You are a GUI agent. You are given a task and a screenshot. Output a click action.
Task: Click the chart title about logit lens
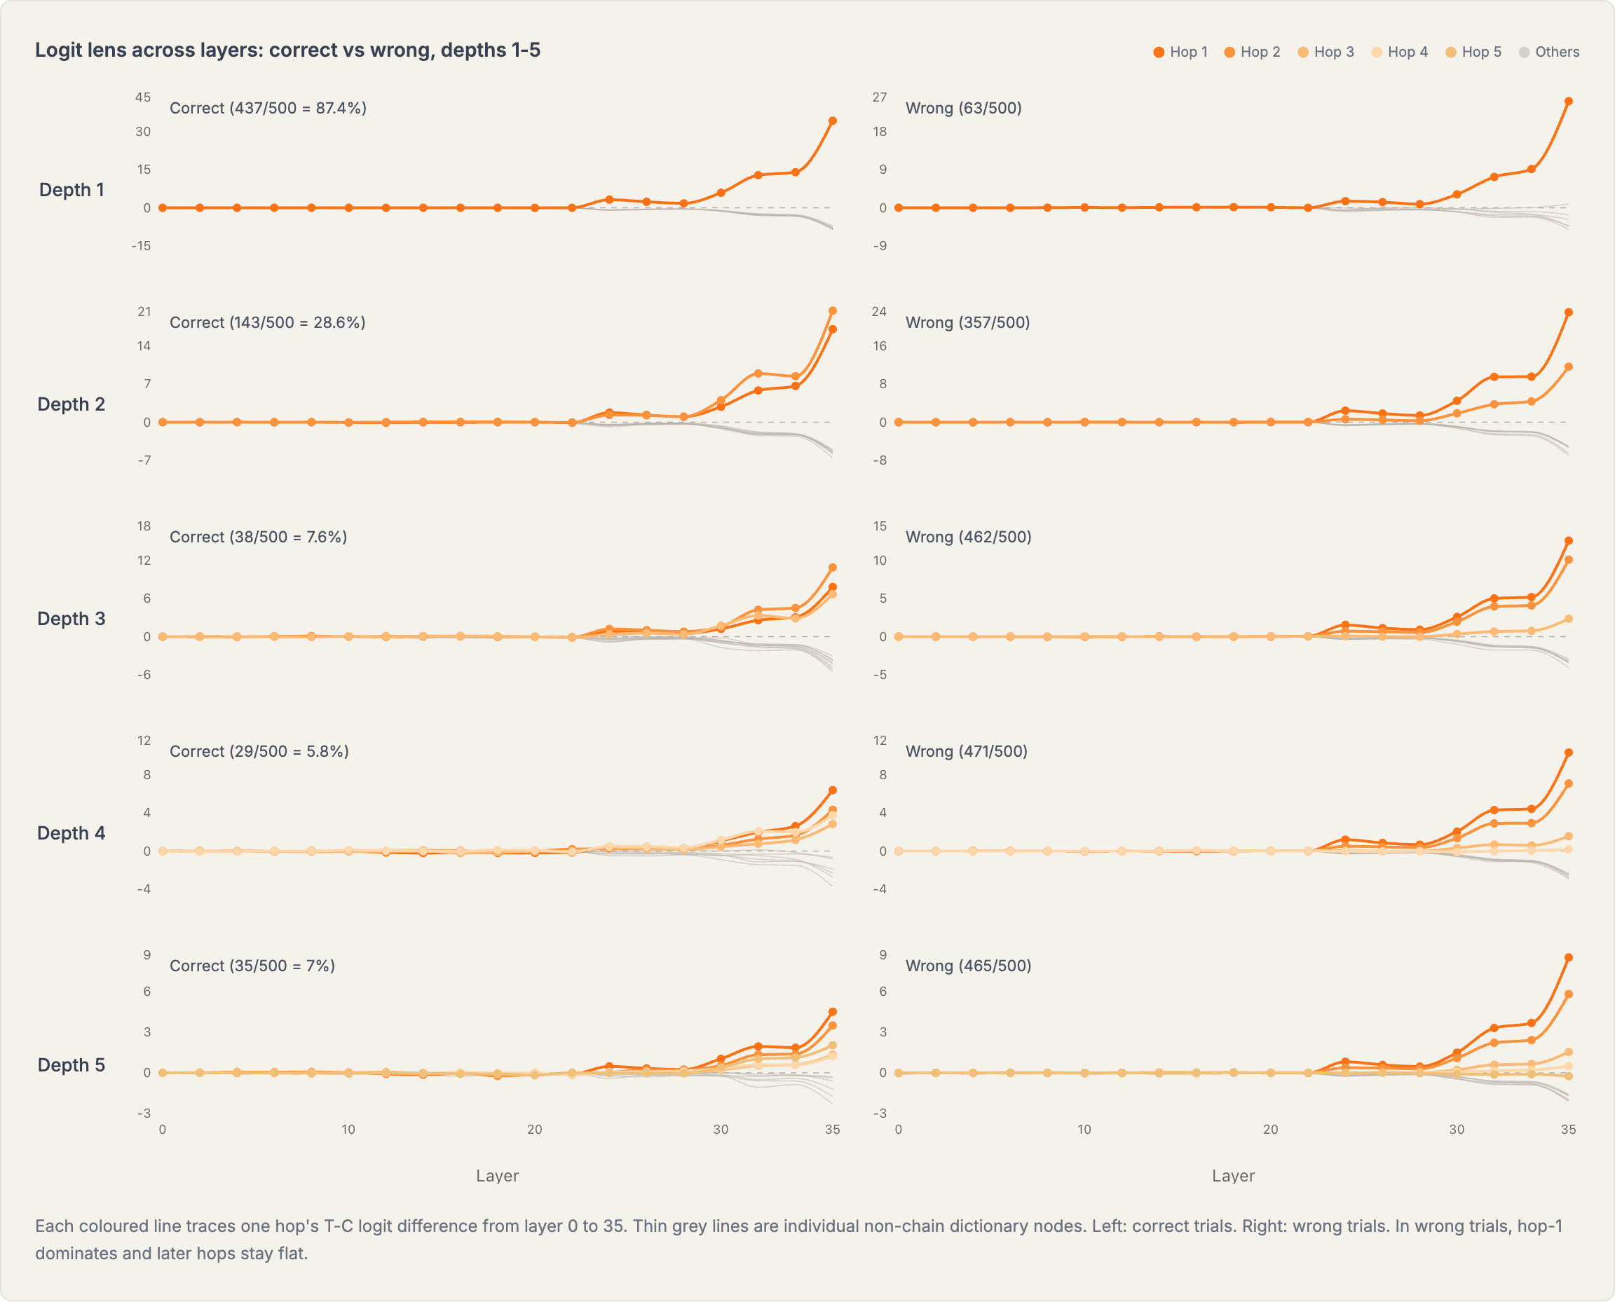[287, 50]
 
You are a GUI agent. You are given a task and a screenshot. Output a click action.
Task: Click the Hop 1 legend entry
[1180, 52]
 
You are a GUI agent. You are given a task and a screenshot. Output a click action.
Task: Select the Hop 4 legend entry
[1400, 52]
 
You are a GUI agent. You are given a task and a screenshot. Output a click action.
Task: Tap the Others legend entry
[1549, 52]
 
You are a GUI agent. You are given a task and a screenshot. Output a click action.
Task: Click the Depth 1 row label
[71, 190]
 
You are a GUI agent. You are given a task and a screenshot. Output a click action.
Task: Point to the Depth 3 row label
[71, 619]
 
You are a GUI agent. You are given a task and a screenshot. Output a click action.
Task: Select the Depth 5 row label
[71, 1065]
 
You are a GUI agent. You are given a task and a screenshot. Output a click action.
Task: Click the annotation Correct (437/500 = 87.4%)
[268, 108]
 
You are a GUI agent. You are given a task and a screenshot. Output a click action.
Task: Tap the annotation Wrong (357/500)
[967, 322]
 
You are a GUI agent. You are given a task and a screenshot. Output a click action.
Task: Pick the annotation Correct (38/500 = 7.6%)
[258, 537]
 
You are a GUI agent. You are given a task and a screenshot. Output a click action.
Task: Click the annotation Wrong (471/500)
[966, 751]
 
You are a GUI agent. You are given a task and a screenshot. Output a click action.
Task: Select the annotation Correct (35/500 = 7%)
[252, 966]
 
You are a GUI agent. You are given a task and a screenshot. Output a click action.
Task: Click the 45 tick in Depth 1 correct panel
[142, 97]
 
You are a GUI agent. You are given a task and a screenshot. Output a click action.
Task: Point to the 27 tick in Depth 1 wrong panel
[879, 97]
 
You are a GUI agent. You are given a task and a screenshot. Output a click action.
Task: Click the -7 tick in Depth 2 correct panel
[143, 460]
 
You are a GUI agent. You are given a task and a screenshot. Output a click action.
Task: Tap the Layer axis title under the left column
[497, 1176]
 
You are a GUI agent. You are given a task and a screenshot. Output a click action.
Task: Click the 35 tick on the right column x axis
[1568, 1130]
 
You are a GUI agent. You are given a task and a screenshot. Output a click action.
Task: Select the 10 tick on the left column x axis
[348, 1130]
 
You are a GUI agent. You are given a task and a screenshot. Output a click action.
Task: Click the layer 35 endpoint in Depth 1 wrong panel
[1568, 101]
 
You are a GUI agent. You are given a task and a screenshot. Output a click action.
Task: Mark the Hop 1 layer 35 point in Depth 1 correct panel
[832, 121]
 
